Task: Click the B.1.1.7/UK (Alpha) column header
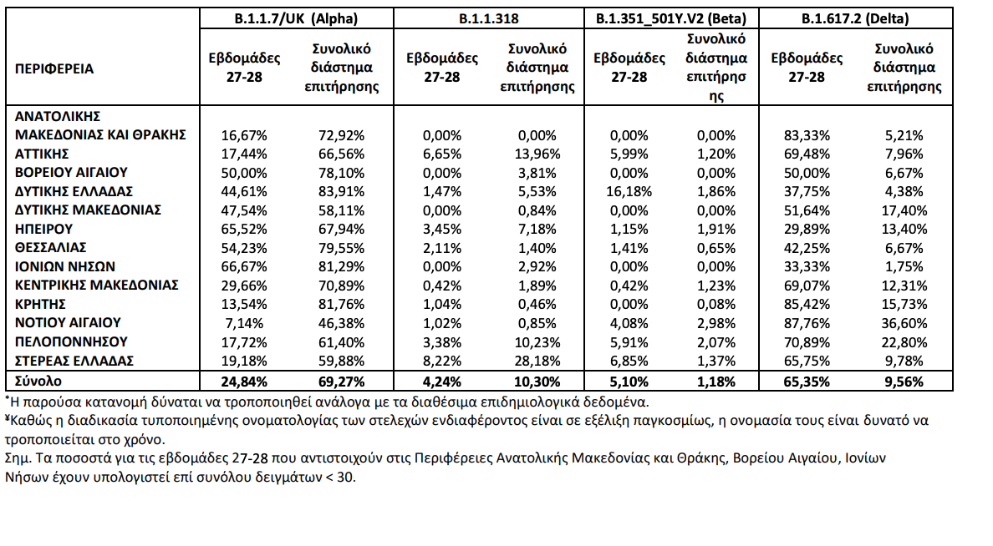click(297, 18)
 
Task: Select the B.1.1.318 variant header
click(488, 18)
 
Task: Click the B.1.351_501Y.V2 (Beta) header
click(671, 18)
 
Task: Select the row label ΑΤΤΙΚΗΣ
click(42, 154)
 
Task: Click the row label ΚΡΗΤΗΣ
click(40, 304)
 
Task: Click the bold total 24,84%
click(243, 382)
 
